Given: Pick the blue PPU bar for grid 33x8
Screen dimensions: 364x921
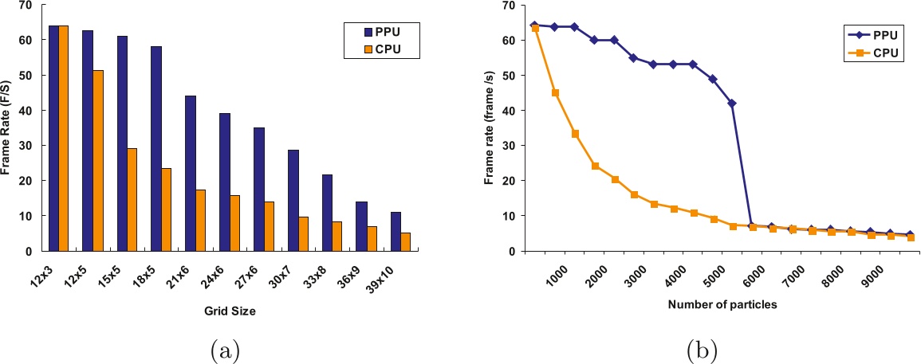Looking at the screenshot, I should (x=328, y=213).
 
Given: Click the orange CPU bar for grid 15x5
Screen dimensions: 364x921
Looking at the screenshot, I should (x=132, y=199).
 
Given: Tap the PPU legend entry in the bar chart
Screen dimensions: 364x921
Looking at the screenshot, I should (x=381, y=33).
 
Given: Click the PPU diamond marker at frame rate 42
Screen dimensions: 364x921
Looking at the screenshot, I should (x=732, y=104).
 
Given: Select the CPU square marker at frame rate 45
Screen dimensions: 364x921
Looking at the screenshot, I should (x=555, y=93).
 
